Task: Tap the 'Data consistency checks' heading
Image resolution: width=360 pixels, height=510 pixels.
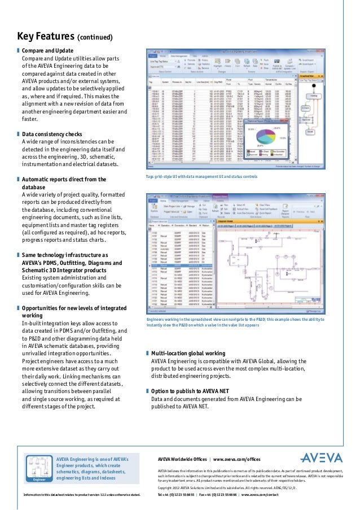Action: point(52,134)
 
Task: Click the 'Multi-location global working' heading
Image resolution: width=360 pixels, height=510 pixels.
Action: point(188,354)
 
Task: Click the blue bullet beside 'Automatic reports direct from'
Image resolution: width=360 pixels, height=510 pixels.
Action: point(17,180)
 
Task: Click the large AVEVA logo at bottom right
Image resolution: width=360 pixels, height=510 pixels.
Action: point(321,458)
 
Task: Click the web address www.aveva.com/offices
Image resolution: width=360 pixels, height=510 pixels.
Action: point(236,459)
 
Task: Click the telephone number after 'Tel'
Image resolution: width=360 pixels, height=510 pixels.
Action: point(179,495)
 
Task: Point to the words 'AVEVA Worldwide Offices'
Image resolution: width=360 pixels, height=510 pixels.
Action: point(182,459)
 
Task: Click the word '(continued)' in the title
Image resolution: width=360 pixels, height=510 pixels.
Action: point(95,38)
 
